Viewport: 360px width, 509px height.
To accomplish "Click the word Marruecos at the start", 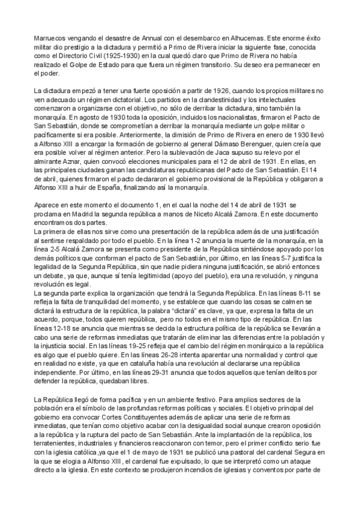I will (x=51, y=37).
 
